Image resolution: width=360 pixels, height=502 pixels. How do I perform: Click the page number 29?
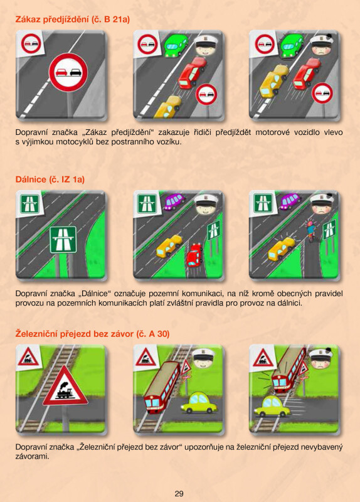coord(179,493)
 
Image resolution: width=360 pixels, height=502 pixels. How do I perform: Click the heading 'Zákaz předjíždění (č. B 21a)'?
coord(73,19)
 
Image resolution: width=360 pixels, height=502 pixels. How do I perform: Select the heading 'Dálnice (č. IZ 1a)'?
coord(50,179)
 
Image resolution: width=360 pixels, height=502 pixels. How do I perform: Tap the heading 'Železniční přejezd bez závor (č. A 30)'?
coord(92,334)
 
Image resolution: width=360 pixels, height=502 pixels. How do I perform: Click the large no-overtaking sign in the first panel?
coord(68,72)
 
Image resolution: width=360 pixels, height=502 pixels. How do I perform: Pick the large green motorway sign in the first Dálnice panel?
coord(63,240)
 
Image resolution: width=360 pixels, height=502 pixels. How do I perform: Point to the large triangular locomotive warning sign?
coord(65,386)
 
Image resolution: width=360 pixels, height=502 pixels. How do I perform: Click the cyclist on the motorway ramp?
coord(310,230)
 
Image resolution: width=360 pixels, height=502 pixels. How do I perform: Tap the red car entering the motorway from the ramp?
coord(194,255)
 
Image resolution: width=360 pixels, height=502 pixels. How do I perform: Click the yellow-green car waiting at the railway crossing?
coord(199,402)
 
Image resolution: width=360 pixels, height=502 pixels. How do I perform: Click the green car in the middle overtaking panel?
coord(176,46)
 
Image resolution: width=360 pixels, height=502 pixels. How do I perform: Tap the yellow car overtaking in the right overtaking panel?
coord(273,81)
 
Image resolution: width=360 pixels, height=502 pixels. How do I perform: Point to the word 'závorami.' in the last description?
coord(33,456)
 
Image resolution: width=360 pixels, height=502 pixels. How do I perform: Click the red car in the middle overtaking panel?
coord(193,73)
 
